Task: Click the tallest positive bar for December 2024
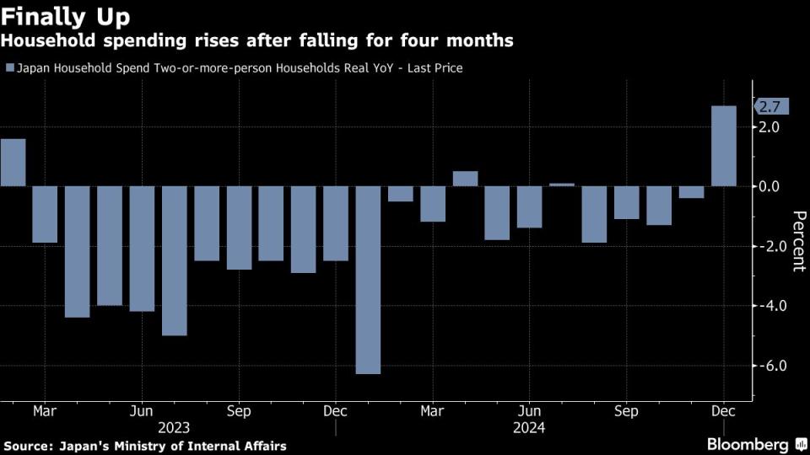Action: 724,146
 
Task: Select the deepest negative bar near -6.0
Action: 368,280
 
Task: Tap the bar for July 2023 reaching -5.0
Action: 174,260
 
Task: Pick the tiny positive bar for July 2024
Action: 562,185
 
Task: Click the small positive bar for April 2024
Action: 465,178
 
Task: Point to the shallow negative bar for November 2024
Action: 691,192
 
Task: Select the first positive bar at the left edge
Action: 13,163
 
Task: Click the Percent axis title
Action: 796,241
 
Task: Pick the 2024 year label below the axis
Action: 529,427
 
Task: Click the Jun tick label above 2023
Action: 142,411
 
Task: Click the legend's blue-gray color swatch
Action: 9,68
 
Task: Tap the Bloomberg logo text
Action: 747,444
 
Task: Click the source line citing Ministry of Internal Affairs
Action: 144,445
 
